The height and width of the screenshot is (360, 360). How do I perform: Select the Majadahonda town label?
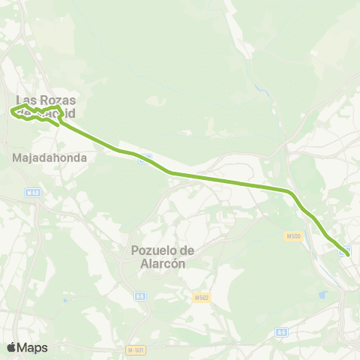click(50, 158)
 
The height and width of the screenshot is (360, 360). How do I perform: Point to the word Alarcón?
click(163, 263)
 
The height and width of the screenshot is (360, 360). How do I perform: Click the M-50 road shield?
click(31, 193)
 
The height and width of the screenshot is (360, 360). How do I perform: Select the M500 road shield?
click(292, 236)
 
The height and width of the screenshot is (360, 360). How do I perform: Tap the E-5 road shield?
click(139, 297)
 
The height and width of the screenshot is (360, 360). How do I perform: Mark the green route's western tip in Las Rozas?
click(12, 112)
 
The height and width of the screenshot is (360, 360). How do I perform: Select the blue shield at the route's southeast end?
click(342, 253)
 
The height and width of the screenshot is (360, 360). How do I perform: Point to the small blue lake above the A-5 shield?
click(324, 295)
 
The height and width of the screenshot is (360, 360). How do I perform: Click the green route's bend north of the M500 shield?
click(291, 193)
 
